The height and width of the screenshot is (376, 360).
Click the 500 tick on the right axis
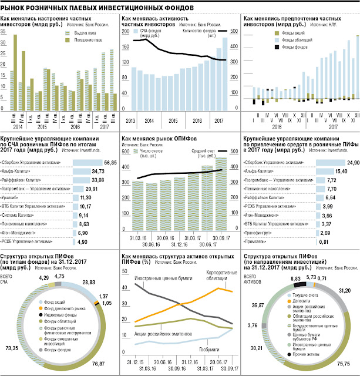coord(233,31)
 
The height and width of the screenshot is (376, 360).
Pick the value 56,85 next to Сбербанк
coord(109,162)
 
